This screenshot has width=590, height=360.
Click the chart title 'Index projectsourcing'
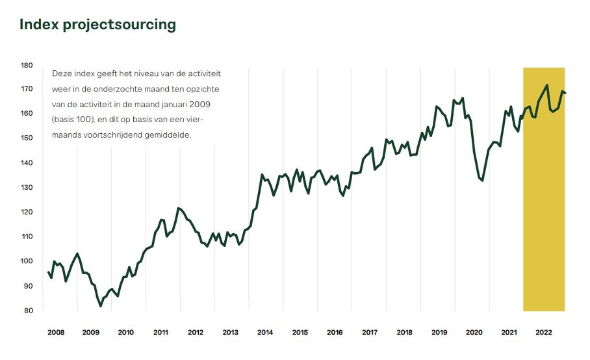[x=97, y=25]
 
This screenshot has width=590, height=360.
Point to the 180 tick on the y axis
[x=27, y=65]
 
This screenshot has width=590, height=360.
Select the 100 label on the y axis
[x=27, y=261]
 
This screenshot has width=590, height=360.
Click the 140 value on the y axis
[x=27, y=163]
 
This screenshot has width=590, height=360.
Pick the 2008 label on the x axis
[x=56, y=332]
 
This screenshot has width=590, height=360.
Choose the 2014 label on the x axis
[x=265, y=332]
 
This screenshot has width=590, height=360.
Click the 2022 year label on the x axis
[x=544, y=332]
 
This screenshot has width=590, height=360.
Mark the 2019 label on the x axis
[x=439, y=332]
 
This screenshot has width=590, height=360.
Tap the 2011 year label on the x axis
[x=160, y=332]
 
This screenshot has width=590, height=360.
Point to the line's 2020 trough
[x=482, y=180]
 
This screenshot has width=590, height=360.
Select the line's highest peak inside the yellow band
[x=547, y=85]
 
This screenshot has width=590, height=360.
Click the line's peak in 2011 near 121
[x=178, y=209]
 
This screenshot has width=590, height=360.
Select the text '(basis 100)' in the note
[x=71, y=120]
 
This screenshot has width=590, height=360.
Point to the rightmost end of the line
[x=565, y=93]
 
